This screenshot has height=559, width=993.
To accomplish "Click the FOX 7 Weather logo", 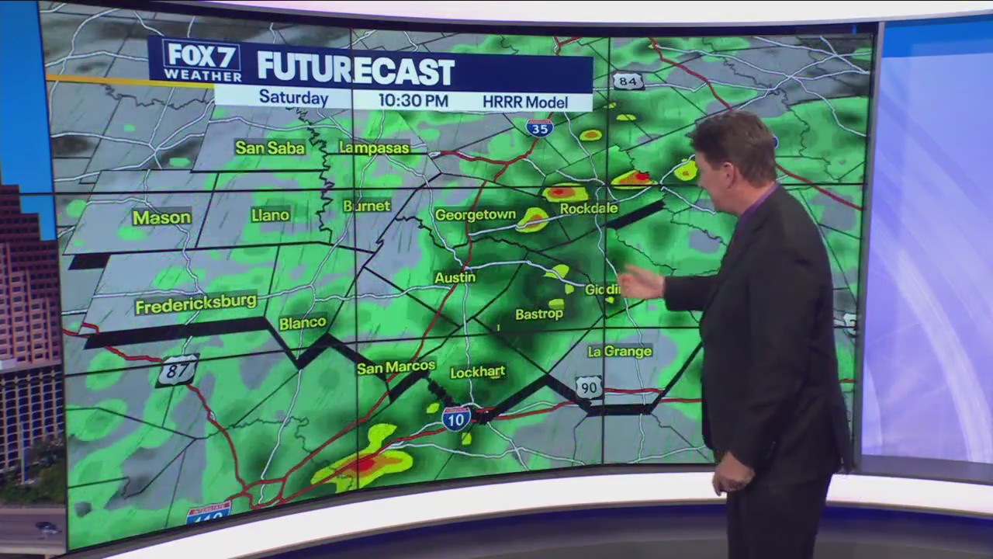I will point(201,61).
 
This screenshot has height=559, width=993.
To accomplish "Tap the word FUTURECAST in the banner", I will point(355,70).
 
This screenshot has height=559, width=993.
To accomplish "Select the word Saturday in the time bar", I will point(293,99).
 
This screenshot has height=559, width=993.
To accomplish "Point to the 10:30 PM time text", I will point(413,100).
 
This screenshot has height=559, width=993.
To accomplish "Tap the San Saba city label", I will point(270,147).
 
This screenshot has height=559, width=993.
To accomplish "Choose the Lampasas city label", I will point(373,148).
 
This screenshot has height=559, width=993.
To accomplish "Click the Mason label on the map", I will point(161,217).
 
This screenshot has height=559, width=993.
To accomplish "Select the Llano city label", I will point(270,215).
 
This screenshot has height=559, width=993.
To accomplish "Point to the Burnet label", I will point(366,206).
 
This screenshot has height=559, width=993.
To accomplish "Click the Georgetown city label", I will point(475,215).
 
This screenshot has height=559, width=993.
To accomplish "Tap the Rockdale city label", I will point(589,208).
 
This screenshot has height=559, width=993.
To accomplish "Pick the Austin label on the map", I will point(455,277).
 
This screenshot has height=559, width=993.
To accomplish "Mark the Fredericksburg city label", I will point(195,304).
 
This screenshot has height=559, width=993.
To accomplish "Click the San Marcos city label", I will point(396,367).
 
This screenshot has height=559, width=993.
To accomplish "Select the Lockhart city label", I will point(477,372).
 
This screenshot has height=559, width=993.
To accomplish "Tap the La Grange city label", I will point(619,351).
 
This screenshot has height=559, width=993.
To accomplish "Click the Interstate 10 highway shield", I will point(456,418).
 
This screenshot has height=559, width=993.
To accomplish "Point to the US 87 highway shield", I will point(177,370).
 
